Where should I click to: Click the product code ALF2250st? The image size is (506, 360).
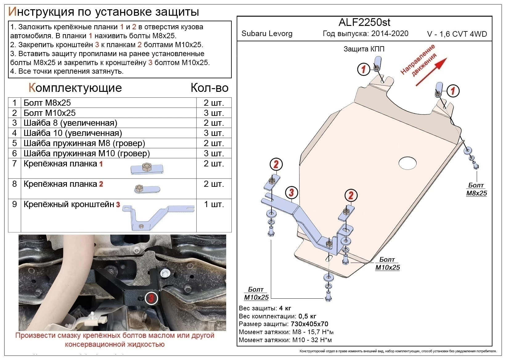364,22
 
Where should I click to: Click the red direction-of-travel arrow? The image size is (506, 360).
431,72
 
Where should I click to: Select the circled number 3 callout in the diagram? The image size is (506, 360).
291,193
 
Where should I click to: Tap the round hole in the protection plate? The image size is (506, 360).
407,163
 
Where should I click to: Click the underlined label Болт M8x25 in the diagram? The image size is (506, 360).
476,189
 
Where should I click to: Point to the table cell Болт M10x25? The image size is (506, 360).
50,113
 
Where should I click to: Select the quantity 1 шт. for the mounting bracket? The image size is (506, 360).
214,204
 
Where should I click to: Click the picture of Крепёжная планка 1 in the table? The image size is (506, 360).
147,168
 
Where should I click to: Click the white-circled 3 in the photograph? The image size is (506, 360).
151,298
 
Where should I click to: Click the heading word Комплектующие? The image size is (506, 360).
75,88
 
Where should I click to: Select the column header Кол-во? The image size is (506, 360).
210,88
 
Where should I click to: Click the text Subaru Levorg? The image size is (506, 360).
267,34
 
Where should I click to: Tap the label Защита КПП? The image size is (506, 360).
364,49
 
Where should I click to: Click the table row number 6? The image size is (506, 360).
14,153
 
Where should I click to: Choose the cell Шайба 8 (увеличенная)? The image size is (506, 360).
70,123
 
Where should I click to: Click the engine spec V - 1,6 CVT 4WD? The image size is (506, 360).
457,34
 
